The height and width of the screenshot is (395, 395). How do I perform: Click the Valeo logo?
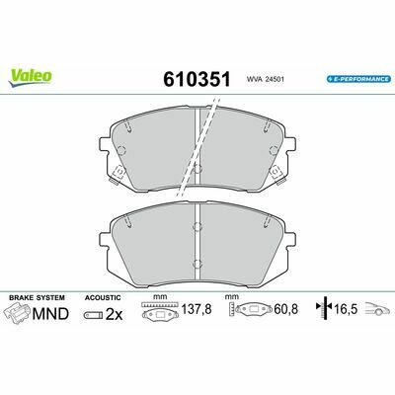pyautogui.click(x=30, y=78)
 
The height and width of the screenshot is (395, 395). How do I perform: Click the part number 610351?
pyautogui.click(x=197, y=79)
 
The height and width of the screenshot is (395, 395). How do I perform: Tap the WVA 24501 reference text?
pyautogui.click(x=265, y=79)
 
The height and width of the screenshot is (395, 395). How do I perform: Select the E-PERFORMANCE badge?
pyautogui.click(x=358, y=79)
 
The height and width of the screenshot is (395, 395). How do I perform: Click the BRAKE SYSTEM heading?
pyautogui.click(x=37, y=297)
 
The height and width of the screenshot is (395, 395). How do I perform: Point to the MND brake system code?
pyautogui.click(x=50, y=314)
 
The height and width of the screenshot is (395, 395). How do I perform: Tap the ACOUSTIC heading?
pyautogui.click(x=103, y=297)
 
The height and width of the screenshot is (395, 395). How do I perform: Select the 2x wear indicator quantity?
pyautogui.click(x=114, y=315)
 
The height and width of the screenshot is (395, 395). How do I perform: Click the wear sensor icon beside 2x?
pyautogui.click(x=93, y=315)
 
